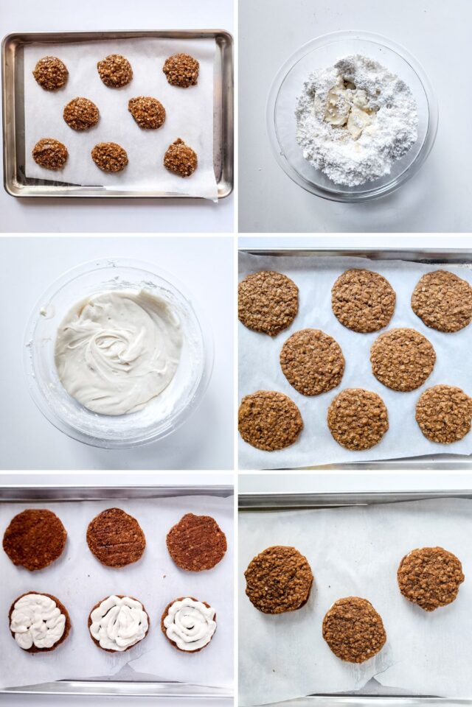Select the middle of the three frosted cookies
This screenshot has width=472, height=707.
pos(118,623)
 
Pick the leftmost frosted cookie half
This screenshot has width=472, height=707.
pos(38,622)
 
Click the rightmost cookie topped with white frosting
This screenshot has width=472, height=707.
pos(190,624)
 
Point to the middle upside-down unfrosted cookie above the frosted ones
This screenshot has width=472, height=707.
pos(116,538)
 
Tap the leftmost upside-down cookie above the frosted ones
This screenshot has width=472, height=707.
pos(35,540)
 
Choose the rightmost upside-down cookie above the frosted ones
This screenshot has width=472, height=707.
pos(196,542)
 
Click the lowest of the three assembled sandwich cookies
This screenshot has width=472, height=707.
pos(354,630)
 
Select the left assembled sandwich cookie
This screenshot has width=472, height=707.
pos(278,580)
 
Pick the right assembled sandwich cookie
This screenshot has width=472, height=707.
pos(431,578)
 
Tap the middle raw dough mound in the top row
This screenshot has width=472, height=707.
pos(115,71)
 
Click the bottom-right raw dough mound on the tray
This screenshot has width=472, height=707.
pos(181,158)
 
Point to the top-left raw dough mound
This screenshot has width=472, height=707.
pos(51,73)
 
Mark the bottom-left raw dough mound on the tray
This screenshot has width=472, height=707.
pos(50,154)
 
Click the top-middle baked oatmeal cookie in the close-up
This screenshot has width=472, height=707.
pos(363,300)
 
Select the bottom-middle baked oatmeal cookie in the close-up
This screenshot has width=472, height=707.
pos(358,419)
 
